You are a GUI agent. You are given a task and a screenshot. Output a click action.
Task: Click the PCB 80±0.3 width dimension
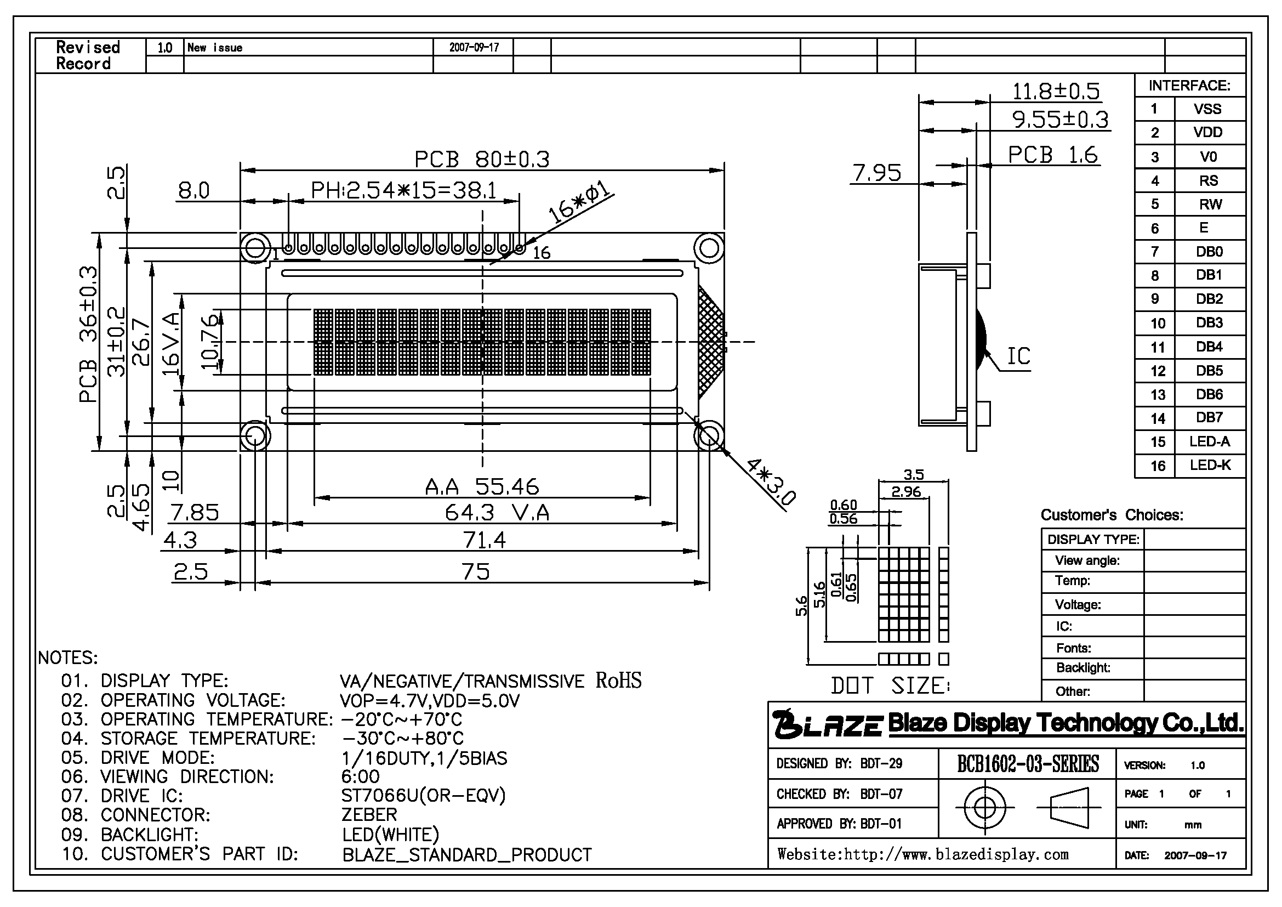(x=482, y=160)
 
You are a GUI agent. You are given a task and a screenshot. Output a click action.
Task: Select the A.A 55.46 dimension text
(x=482, y=487)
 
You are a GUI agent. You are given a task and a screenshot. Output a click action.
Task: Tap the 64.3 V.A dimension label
(x=497, y=513)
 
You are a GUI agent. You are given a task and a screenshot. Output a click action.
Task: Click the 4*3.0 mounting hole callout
(x=771, y=482)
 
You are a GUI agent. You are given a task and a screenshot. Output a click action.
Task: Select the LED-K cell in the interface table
(x=1210, y=465)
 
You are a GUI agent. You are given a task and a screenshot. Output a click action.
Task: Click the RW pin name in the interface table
(x=1210, y=205)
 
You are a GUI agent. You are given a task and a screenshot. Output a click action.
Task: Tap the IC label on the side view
(x=1018, y=356)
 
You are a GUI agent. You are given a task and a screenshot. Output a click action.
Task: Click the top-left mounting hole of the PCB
(x=255, y=247)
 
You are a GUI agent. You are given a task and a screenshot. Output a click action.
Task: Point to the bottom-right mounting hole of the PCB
(x=709, y=435)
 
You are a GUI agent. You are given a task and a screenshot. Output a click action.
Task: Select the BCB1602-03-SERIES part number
(x=1028, y=763)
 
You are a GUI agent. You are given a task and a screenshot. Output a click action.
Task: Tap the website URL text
(x=923, y=854)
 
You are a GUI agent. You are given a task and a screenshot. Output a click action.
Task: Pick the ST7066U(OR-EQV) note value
(x=423, y=795)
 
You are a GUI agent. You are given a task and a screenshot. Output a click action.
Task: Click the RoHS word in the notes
(x=619, y=680)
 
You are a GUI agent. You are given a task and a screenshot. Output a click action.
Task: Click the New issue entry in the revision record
(x=215, y=48)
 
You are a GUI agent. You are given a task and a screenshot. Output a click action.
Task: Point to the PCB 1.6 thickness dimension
(x=1053, y=155)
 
